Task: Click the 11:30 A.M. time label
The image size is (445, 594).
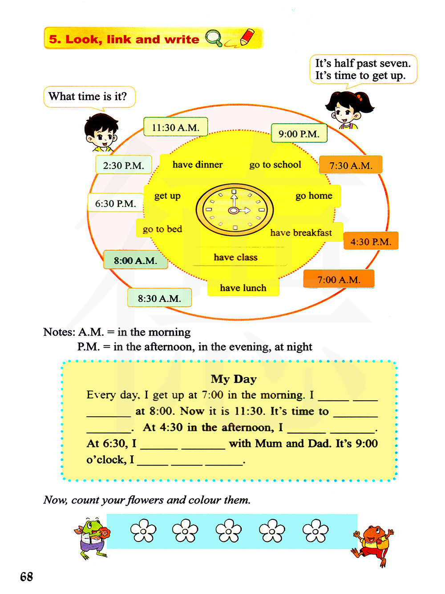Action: click(175, 127)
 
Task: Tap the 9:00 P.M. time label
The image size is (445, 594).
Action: click(299, 133)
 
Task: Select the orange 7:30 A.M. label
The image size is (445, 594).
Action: click(351, 165)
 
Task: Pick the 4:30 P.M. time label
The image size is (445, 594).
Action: click(371, 241)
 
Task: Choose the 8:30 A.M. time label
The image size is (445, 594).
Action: click(159, 298)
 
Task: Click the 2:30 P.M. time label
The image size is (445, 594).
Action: click(124, 165)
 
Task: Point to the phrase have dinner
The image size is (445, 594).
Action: click(198, 164)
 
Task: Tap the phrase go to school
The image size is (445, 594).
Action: click(275, 165)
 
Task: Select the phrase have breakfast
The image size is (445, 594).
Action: click(301, 233)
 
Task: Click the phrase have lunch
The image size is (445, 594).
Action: click(243, 288)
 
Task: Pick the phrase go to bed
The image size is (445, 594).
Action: click(162, 229)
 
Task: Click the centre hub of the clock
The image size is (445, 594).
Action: click(233, 210)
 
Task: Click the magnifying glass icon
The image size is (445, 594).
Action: click(214, 38)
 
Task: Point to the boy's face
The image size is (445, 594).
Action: click(101, 132)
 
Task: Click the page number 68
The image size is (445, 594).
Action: click(27, 577)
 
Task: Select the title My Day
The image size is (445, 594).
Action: click(234, 379)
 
